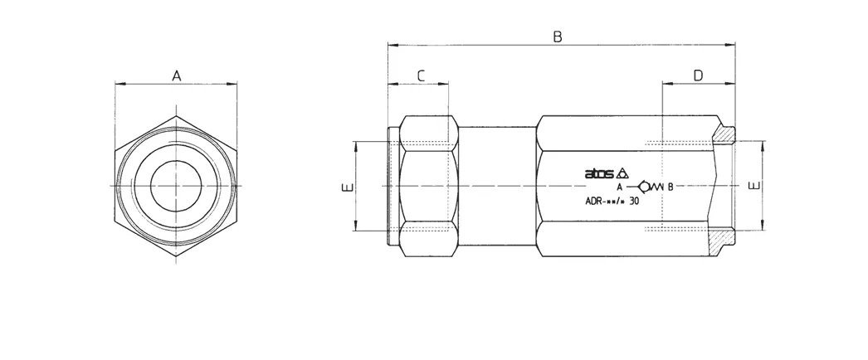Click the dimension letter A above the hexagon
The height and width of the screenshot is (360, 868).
point(176,75)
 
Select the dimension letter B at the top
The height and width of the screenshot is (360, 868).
point(558,36)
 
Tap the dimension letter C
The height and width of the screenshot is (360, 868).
point(421,75)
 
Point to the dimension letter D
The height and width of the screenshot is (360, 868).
point(698,75)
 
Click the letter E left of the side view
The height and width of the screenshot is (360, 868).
point(347,187)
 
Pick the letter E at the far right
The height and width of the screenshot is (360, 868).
point(754,185)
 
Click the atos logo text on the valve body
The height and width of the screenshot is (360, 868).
point(599,173)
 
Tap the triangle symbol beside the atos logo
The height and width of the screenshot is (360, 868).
point(622,173)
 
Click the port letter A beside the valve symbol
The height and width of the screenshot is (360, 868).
point(620,187)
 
